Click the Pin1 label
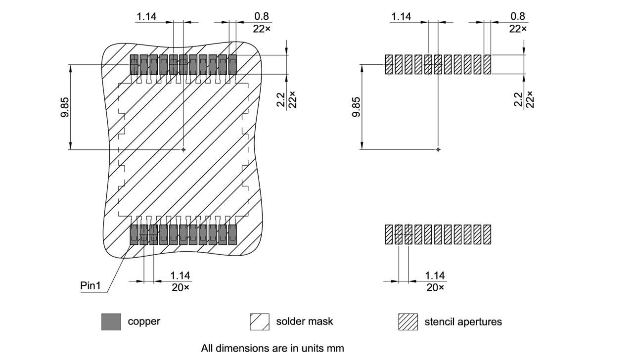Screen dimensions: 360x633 (x=90, y=286)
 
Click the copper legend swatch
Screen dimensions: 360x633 (x=111, y=321)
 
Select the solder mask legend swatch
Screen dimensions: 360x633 (x=259, y=321)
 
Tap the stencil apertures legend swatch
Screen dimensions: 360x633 (x=407, y=321)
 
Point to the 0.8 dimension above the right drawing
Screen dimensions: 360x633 (x=517, y=17)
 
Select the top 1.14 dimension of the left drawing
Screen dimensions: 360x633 (x=146, y=17)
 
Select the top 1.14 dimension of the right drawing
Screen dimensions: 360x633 (x=401, y=17)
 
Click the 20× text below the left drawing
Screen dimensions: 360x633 (x=181, y=287)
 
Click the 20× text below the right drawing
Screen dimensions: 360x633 (x=435, y=287)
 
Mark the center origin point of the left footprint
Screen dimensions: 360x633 (x=183, y=149)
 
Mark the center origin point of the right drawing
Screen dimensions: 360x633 (x=438, y=149)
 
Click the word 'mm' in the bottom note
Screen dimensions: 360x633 (x=335, y=348)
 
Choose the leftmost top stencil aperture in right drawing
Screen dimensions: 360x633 (x=389, y=64)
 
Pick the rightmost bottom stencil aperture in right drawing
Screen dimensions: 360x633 (x=487, y=234)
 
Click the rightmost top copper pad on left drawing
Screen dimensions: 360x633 (x=232, y=64)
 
